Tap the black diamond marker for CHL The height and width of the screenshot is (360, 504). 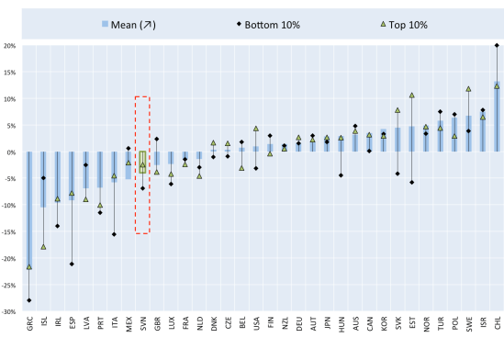[497, 45]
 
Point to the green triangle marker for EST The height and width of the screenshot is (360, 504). [411, 95]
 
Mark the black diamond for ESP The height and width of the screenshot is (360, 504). [72, 264]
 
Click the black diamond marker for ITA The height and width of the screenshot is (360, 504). [114, 234]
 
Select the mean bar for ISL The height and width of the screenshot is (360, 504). [43, 179]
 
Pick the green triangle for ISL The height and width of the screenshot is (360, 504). [43, 247]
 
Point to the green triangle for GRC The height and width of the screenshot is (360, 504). [29, 267]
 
